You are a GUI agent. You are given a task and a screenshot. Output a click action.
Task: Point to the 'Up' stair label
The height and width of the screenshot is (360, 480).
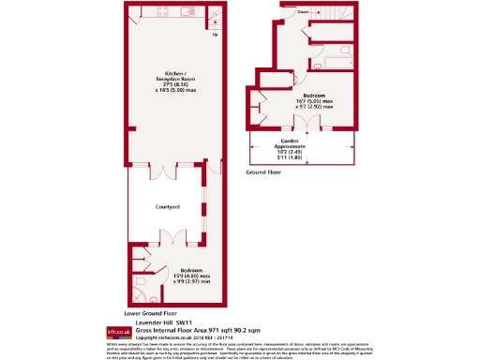pyautogui.click(x=215, y=35)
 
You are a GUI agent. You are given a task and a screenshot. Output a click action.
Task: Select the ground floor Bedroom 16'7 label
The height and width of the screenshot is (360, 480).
pyautogui.click(x=313, y=97)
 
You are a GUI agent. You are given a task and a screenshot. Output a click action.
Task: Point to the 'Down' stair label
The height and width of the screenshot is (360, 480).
pyautogui.click(x=303, y=12)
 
